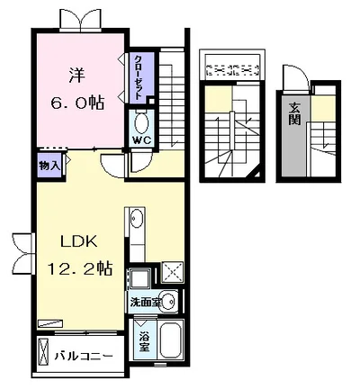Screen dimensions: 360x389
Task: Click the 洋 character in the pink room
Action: pos(77,76)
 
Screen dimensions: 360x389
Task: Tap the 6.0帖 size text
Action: pos(77,104)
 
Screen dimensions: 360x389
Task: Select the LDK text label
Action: pos(79,241)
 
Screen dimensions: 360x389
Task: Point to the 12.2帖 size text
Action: pos(80,268)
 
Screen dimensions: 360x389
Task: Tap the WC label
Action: pos(141,140)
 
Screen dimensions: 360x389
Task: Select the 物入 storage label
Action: pos(49,166)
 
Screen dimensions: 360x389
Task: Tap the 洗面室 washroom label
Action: pos(145,302)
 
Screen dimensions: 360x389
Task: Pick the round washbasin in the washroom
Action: pos(166,301)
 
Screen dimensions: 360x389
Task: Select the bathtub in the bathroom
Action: pos(170,339)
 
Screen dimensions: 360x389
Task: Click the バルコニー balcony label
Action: pos(84,356)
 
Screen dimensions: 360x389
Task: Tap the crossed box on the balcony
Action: pos(42,351)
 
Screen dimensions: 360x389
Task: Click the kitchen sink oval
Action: pos(137,217)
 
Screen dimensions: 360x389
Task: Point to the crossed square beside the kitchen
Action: pos(172,272)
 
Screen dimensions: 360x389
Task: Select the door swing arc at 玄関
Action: pos(299,76)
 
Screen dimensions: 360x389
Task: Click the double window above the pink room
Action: pos(81,20)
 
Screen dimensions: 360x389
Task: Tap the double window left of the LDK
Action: pos(23,253)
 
